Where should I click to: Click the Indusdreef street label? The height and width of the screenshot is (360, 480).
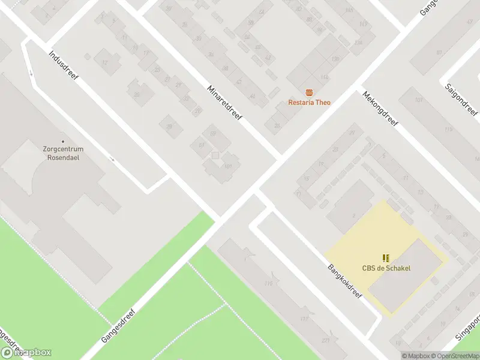click(x=64, y=69)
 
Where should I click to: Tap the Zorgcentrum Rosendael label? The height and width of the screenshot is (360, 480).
click(x=62, y=153)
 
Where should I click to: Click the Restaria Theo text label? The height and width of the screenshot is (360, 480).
click(x=309, y=103)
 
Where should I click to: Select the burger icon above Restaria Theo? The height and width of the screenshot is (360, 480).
click(x=309, y=92)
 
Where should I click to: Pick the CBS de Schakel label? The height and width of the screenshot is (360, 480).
click(x=386, y=268)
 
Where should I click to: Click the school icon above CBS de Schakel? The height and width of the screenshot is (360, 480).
click(x=386, y=257)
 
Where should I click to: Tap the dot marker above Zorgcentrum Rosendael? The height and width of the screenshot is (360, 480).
click(x=62, y=142)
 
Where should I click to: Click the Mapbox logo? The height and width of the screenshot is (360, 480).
click(x=26, y=353)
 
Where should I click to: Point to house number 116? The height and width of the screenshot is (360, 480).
click(x=268, y=284)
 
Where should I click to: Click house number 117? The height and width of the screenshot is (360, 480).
click(x=304, y=319)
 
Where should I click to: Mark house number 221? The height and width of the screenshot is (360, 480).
click(x=326, y=341)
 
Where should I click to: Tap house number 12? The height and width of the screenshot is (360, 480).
click(x=104, y=62)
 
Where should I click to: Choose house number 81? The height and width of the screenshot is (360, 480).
click(x=439, y=53)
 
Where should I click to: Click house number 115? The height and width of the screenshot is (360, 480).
click(x=448, y=130)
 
